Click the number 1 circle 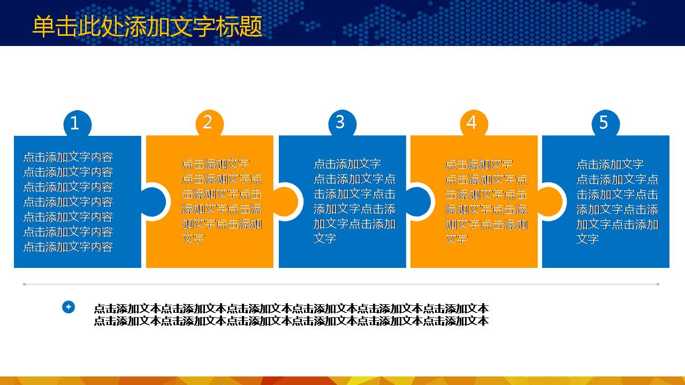(x=77, y=124)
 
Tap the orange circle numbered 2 (x=209, y=123)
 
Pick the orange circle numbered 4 (x=474, y=123)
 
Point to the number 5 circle (x=605, y=123)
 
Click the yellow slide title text (x=147, y=27)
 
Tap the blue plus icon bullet (x=68, y=307)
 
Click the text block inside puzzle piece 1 (x=68, y=202)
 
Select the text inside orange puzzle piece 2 (x=222, y=201)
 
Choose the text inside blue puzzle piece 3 (x=354, y=201)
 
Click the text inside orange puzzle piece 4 (x=486, y=201)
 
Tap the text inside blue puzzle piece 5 (x=617, y=201)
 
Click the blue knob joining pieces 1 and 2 (x=153, y=202)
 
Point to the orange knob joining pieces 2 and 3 (x=286, y=202)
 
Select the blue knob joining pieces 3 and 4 (x=418, y=202)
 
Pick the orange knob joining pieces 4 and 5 (x=550, y=202)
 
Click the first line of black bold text (x=291, y=309)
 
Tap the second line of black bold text (x=291, y=321)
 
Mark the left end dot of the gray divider (x=24, y=284)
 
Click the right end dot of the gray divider (x=658, y=284)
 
